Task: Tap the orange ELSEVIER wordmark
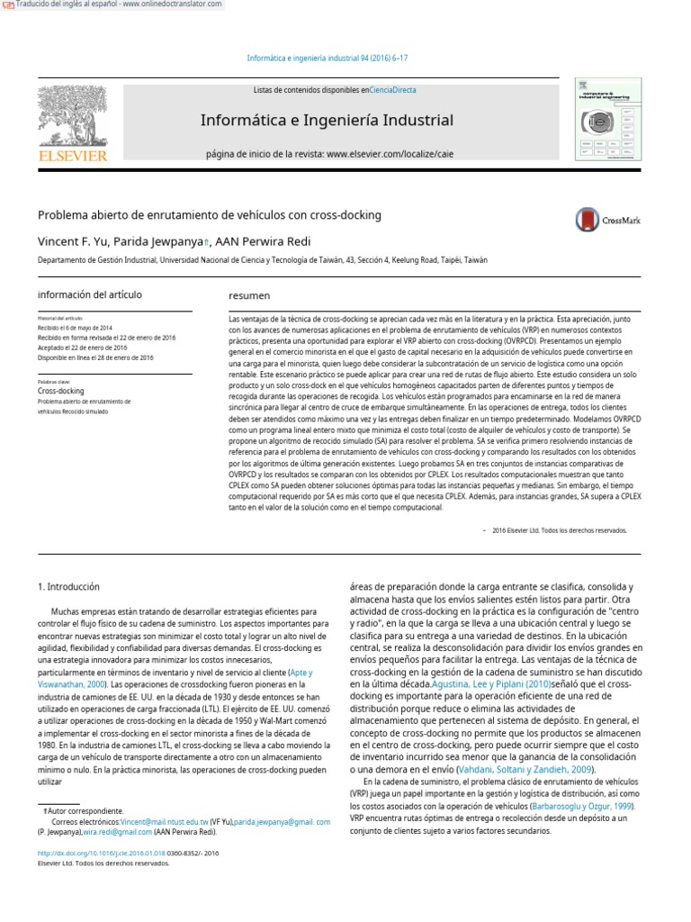pos(72,156)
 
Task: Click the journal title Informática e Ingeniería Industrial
pos(326,121)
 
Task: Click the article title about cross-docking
pos(209,215)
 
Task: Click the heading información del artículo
pos(89,294)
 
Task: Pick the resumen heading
pos(249,295)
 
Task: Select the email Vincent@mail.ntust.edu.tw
pos(165,822)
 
